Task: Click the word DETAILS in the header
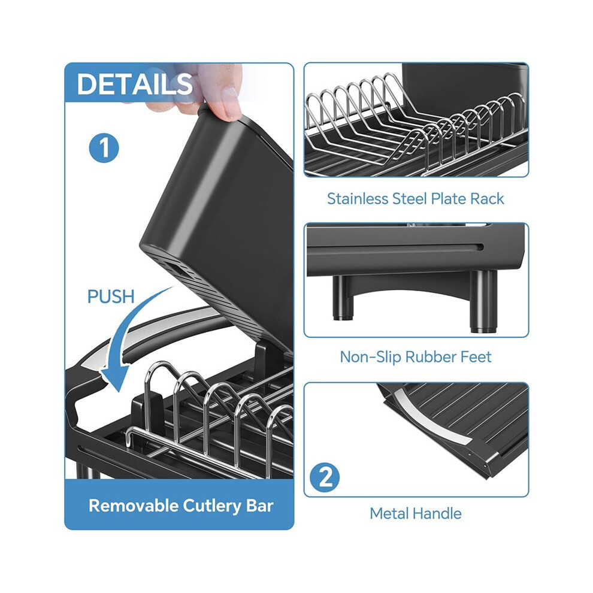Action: tap(135, 83)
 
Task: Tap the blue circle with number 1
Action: tap(104, 148)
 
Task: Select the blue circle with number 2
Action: tap(325, 477)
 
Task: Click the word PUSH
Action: tap(111, 296)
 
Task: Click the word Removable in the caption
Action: tap(133, 506)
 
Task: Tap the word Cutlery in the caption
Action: tap(212, 506)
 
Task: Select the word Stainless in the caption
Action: tap(358, 198)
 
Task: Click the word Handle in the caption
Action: tap(437, 513)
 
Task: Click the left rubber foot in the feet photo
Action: tap(343, 298)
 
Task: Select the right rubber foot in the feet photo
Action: tap(483, 301)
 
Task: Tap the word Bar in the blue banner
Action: tap(260, 506)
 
